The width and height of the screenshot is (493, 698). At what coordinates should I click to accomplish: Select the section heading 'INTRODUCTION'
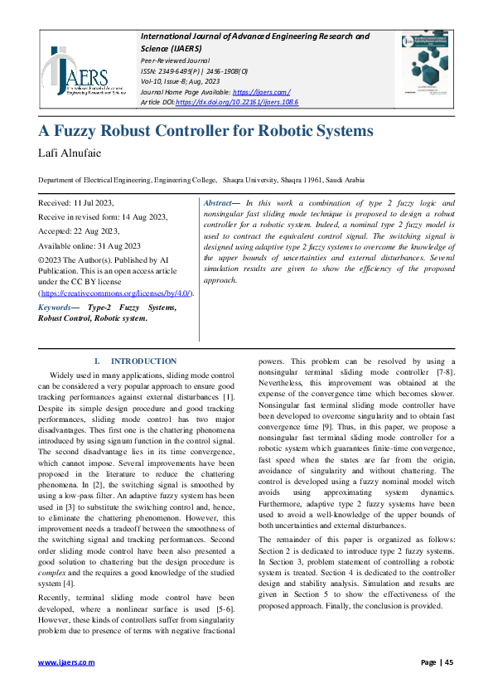(143, 361)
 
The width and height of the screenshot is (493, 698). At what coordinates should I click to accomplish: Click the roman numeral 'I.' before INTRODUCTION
(98, 361)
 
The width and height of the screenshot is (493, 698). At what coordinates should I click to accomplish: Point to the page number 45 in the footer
(448, 662)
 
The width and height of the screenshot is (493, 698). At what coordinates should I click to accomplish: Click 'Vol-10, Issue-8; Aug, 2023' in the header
(187, 82)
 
